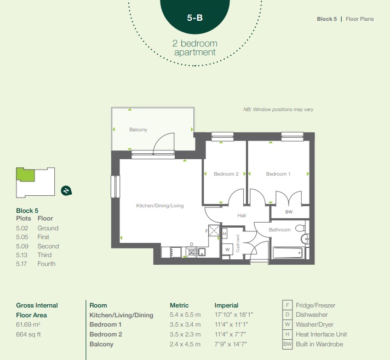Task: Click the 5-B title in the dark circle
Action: tap(195, 18)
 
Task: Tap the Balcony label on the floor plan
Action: tap(138, 130)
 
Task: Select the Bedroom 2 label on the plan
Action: tap(226, 174)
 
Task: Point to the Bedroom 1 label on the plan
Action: tap(278, 174)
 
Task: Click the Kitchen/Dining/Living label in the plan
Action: tap(160, 206)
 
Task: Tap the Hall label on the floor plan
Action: tap(242, 216)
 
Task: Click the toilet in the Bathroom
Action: tap(301, 228)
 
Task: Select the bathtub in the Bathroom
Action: tap(288, 253)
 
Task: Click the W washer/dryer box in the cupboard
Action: tap(227, 249)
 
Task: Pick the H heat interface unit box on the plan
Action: tap(225, 234)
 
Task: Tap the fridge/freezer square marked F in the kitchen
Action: tap(214, 230)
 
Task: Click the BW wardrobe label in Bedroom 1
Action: tap(289, 212)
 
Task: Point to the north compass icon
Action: tap(66, 191)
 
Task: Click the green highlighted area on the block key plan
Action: tap(25, 175)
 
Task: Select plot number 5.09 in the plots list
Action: tap(22, 246)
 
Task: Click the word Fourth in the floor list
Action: tap(47, 264)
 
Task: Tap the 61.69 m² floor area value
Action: tap(28, 325)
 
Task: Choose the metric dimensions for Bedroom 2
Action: tap(185, 334)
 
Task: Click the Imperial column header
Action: tap(226, 305)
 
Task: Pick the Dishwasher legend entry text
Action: tap(312, 315)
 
